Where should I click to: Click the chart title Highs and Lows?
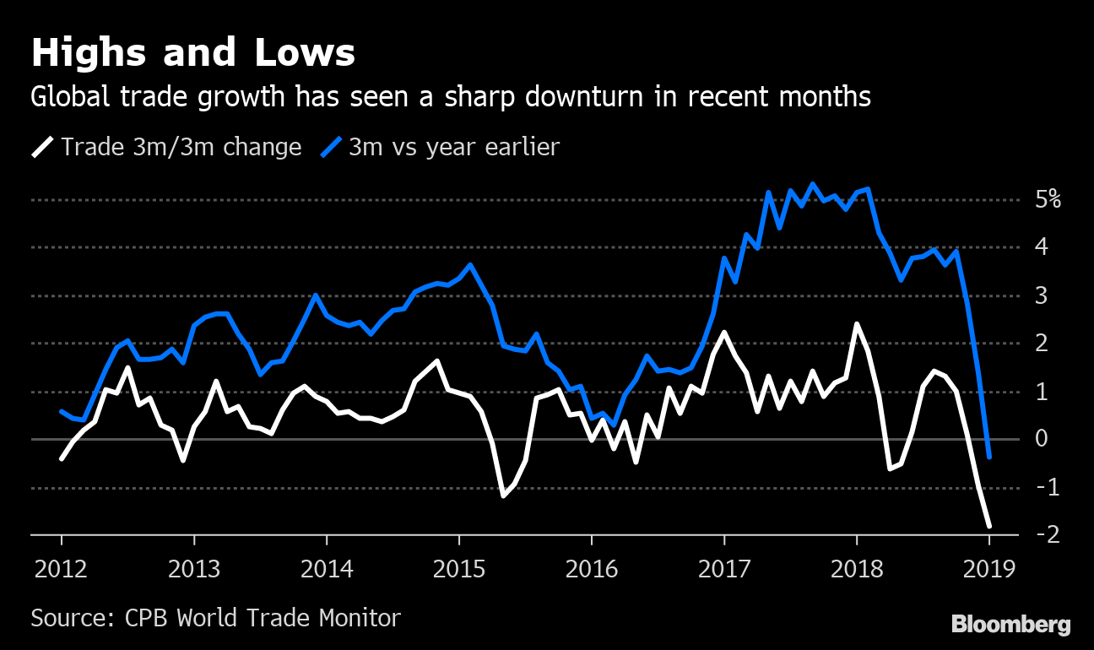coord(192,53)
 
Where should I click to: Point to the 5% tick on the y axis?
coord(1048,200)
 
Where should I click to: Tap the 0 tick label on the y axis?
coord(1042,439)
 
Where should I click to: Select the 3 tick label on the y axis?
coord(1042,295)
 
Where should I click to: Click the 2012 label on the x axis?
coord(62,568)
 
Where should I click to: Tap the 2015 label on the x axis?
coord(459,568)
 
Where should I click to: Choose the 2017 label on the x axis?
coord(724,568)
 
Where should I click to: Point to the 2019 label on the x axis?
coord(989,568)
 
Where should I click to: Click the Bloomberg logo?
coord(1010,625)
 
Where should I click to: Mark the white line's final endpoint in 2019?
coord(989,526)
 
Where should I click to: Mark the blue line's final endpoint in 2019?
coord(989,457)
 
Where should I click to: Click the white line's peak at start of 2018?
coord(857,324)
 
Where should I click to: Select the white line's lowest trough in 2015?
coord(504,496)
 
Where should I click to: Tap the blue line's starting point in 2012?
coord(62,411)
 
